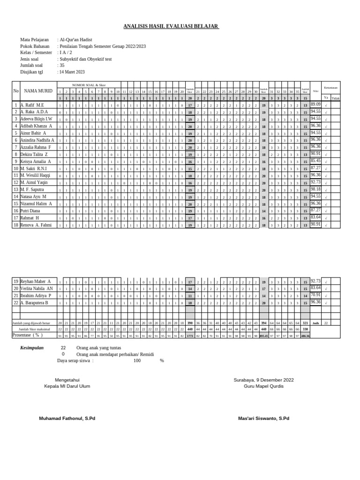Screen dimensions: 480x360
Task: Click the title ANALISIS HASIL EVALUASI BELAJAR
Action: tap(171, 26)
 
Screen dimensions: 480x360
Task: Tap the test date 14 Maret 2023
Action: tap(72, 72)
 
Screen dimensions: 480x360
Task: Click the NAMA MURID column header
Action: tap(38, 91)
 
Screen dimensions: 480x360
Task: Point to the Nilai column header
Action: tap(315, 91)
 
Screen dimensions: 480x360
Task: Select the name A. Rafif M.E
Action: tap(32, 105)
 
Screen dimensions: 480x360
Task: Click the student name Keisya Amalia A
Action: tap(36, 161)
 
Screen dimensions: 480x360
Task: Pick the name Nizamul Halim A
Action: tap(36, 203)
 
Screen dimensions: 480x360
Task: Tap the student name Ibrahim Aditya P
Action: tap(36, 296)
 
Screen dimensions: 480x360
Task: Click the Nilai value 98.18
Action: tap(315, 189)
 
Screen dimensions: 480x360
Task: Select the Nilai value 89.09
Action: tap(315, 105)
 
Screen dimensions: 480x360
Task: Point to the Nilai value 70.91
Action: tap(315, 295)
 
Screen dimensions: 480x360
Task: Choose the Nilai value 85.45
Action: tap(315, 161)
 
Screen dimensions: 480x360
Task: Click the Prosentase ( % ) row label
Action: tap(28, 335)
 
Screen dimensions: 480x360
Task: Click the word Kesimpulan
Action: tap(32, 348)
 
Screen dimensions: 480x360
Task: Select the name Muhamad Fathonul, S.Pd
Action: tap(67, 418)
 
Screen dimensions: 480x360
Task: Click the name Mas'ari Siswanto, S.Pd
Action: tap(263, 418)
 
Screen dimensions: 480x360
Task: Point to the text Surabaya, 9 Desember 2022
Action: tap(264, 380)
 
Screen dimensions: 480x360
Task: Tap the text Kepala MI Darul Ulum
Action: tap(67, 386)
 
